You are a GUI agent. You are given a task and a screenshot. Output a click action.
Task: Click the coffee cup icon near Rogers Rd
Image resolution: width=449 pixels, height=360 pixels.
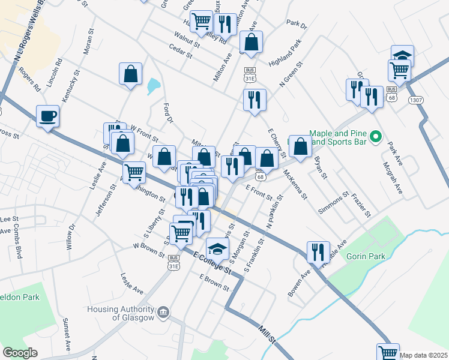(x=47, y=116)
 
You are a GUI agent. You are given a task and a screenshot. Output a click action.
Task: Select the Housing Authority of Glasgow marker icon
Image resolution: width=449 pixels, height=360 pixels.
(x=163, y=312)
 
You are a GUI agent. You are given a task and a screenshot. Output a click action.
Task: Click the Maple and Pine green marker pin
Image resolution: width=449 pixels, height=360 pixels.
(x=376, y=137)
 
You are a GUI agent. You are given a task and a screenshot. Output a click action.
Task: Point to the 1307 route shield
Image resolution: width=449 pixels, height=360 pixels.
(x=415, y=99)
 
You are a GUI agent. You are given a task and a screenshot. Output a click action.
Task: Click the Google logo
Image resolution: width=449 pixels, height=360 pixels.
(x=20, y=353)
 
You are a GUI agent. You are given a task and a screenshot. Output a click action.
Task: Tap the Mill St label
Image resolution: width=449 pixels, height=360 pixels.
(x=267, y=334)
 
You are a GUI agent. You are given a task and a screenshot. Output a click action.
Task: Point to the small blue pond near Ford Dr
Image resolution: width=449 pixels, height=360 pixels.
(x=152, y=86)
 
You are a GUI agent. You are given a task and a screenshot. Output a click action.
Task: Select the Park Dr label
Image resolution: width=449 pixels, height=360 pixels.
(x=297, y=25)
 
